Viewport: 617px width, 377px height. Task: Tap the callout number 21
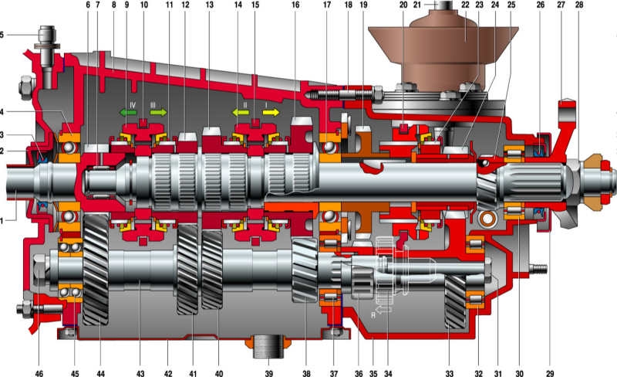click(x=418, y=5)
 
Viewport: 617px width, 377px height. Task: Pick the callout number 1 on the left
click(x=3, y=220)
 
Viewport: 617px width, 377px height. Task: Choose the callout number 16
click(x=295, y=5)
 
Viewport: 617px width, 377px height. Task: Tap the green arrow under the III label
click(x=158, y=112)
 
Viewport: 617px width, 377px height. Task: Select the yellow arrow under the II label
click(x=241, y=112)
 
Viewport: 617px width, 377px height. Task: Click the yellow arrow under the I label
click(x=272, y=112)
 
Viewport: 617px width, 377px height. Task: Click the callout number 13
click(x=209, y=5)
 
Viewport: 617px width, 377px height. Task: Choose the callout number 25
click(x=511, y=5)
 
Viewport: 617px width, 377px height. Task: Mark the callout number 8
click(x=114, y=5)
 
